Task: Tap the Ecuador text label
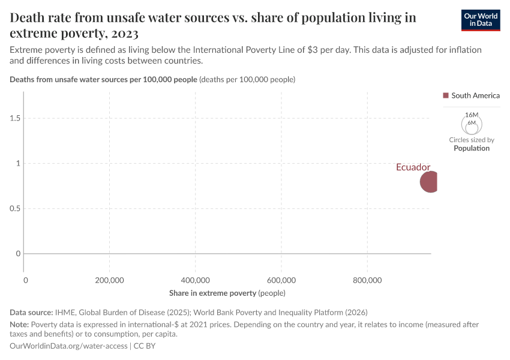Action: [413, 167]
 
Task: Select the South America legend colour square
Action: [446, 95]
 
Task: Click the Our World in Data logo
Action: [480, 20]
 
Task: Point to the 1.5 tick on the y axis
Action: [14, 118]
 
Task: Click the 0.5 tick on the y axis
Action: [14, 209]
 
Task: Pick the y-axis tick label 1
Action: [18, 163]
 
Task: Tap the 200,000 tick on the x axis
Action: [109, 280]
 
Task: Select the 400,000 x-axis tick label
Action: [195, 280]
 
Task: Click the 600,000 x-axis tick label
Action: [281, 280]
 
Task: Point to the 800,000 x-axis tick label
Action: [367, 280]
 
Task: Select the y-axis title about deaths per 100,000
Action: [103, 79]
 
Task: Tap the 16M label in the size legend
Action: [472, 115]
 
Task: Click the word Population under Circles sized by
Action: [472, 148]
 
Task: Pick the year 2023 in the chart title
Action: [124, 32]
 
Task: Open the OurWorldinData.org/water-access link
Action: [68, 346]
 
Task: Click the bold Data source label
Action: [31, 312]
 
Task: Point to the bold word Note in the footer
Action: [20, 324]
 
